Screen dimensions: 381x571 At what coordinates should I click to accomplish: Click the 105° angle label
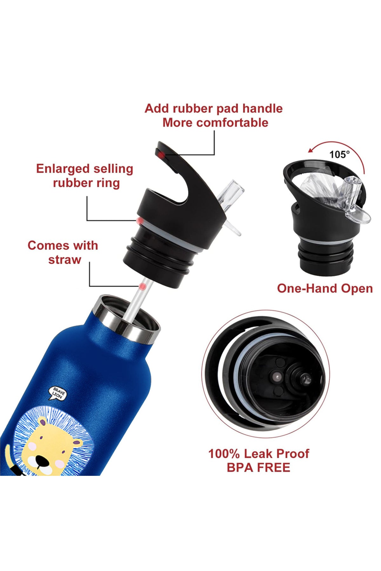[339, 154]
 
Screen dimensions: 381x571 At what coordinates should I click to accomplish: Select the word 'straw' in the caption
[64, 259]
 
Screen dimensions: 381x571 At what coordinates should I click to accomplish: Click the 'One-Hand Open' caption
[325, 288]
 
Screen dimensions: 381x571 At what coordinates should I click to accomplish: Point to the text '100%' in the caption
[224, 454]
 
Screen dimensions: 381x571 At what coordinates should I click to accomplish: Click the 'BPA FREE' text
[258, 467]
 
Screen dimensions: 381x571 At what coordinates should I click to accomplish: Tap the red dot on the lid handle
[161, 155]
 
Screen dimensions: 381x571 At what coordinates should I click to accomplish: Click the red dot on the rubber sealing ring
[139, 220]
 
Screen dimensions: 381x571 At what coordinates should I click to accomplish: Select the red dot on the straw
[143, 286]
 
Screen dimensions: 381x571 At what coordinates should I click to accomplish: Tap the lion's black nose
[41, 460]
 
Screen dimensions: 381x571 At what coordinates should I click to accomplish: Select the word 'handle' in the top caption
[262, 108]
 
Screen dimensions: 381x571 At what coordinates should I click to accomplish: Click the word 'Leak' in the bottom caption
[258, 454]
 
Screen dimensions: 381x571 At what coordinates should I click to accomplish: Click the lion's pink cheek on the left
[32, 448]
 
